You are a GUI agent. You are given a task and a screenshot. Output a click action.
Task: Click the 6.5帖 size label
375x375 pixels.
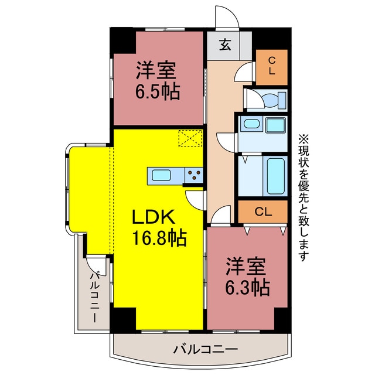tap(158, 91)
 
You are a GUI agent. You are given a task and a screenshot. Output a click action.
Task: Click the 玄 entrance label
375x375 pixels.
tap(225, 45)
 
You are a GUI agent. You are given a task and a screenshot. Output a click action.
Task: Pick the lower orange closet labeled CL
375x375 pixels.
tap(262, 212)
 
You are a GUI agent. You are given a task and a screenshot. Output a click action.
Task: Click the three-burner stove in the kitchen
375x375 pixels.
tap(193, 174)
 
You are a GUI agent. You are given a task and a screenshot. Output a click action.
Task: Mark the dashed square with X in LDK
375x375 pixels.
tap(190, 138)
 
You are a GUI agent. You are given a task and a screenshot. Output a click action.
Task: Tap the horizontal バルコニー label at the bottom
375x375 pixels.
tap(205, 350)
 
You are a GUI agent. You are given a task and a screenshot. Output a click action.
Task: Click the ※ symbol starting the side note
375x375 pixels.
tap(303, 139)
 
